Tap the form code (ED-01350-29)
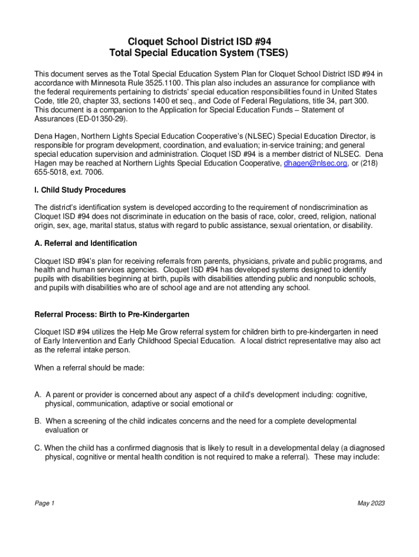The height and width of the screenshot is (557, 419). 101,119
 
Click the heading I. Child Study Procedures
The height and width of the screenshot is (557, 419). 80,190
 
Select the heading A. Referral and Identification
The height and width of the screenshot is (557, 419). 85,243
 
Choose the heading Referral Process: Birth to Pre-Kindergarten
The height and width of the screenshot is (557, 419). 112,314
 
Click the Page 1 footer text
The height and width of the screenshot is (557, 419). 45,503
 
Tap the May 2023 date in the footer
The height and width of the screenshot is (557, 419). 371,503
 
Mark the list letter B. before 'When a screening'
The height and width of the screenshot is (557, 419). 38,421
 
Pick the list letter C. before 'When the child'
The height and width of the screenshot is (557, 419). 38,448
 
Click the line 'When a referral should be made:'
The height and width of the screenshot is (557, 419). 89,368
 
